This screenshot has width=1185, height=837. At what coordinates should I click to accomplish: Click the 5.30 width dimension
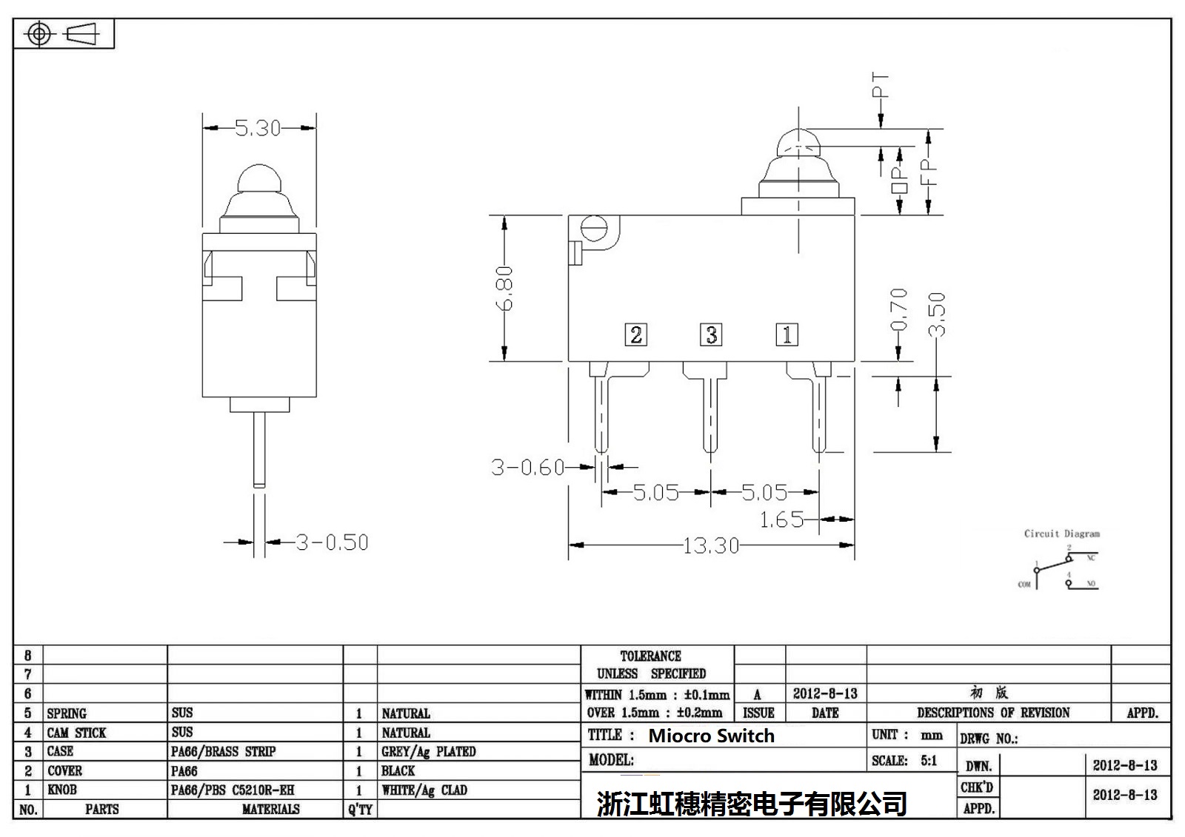click(x=258, y=128)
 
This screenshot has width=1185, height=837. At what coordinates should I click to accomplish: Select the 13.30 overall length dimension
click(x=710, y=545)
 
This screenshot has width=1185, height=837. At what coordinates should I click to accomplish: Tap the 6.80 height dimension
click(x=504, y=288)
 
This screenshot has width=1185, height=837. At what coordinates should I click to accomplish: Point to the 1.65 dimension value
click(x=781, y=520)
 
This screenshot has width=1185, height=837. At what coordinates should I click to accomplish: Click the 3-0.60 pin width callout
click(x=527, y=467)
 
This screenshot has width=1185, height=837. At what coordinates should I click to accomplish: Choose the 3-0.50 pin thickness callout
click(x=332, y=542)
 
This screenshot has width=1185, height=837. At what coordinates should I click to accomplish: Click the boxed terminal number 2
click(x=635, y=335)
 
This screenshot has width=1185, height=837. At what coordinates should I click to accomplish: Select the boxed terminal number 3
click(x=711, y=335)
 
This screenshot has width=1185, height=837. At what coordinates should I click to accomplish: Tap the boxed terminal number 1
click(x=787, y=335)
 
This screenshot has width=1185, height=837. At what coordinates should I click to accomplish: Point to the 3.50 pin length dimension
click(x=937, y=315)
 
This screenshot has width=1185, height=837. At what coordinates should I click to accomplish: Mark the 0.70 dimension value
click(x=898, y=309)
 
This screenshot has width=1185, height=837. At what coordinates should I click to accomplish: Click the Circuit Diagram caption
click(x=1061, y=534)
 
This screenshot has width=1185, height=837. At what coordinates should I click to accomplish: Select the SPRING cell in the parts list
click(x=67, y=713)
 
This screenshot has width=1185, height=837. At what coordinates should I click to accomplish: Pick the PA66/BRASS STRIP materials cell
click(x=223, y=751)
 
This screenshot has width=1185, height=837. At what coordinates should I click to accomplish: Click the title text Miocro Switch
click(x=711, y=736)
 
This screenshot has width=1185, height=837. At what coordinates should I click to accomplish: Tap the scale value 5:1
click(x=929, y=760)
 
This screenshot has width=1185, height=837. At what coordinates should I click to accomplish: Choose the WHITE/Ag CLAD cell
click(x=424, y=790)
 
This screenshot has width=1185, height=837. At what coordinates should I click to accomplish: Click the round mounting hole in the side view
click(x=594, y=227)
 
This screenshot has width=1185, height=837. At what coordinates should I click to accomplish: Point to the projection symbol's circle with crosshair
click(x=40, y=34)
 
